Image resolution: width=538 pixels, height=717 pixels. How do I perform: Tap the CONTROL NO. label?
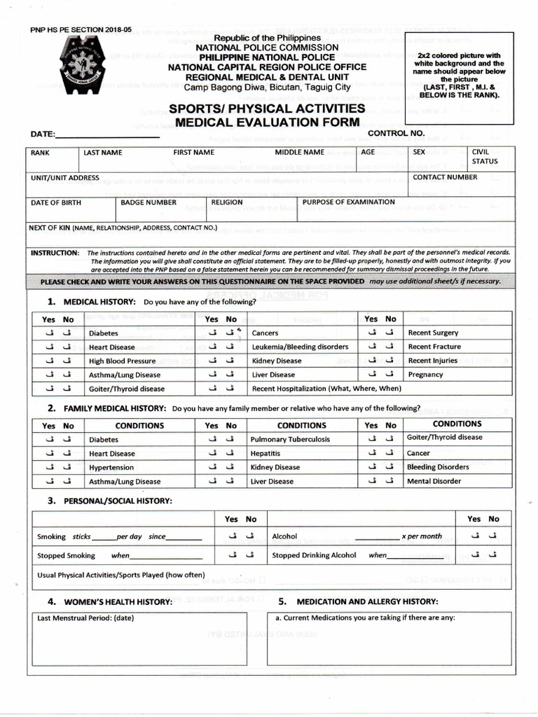click(396, 132)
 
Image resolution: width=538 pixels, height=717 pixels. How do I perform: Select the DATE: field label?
click(43, 134)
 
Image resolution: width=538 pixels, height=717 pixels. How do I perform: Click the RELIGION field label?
click(227, 202)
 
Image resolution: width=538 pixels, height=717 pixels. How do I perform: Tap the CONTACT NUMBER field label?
click(445, 177)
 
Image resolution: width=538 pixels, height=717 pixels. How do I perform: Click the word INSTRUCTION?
click(55, 252)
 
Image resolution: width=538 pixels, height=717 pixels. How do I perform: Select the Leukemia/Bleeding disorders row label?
click(300, 347)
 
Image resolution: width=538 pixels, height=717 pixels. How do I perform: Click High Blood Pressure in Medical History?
click(122, 361)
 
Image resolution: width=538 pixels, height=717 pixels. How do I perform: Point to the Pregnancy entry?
click(425, 375)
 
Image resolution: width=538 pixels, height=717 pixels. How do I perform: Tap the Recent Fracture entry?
click(434, 347)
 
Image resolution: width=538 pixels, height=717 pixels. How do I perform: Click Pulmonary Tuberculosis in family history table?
click(290, 440)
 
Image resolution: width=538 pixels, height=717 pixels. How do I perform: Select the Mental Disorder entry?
click(434, 481)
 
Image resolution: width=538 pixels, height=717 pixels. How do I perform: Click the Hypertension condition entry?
click(111, 468)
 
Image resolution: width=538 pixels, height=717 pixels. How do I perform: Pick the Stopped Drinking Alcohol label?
click(314, 555)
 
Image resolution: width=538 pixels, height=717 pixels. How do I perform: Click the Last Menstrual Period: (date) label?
click(85, 618)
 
